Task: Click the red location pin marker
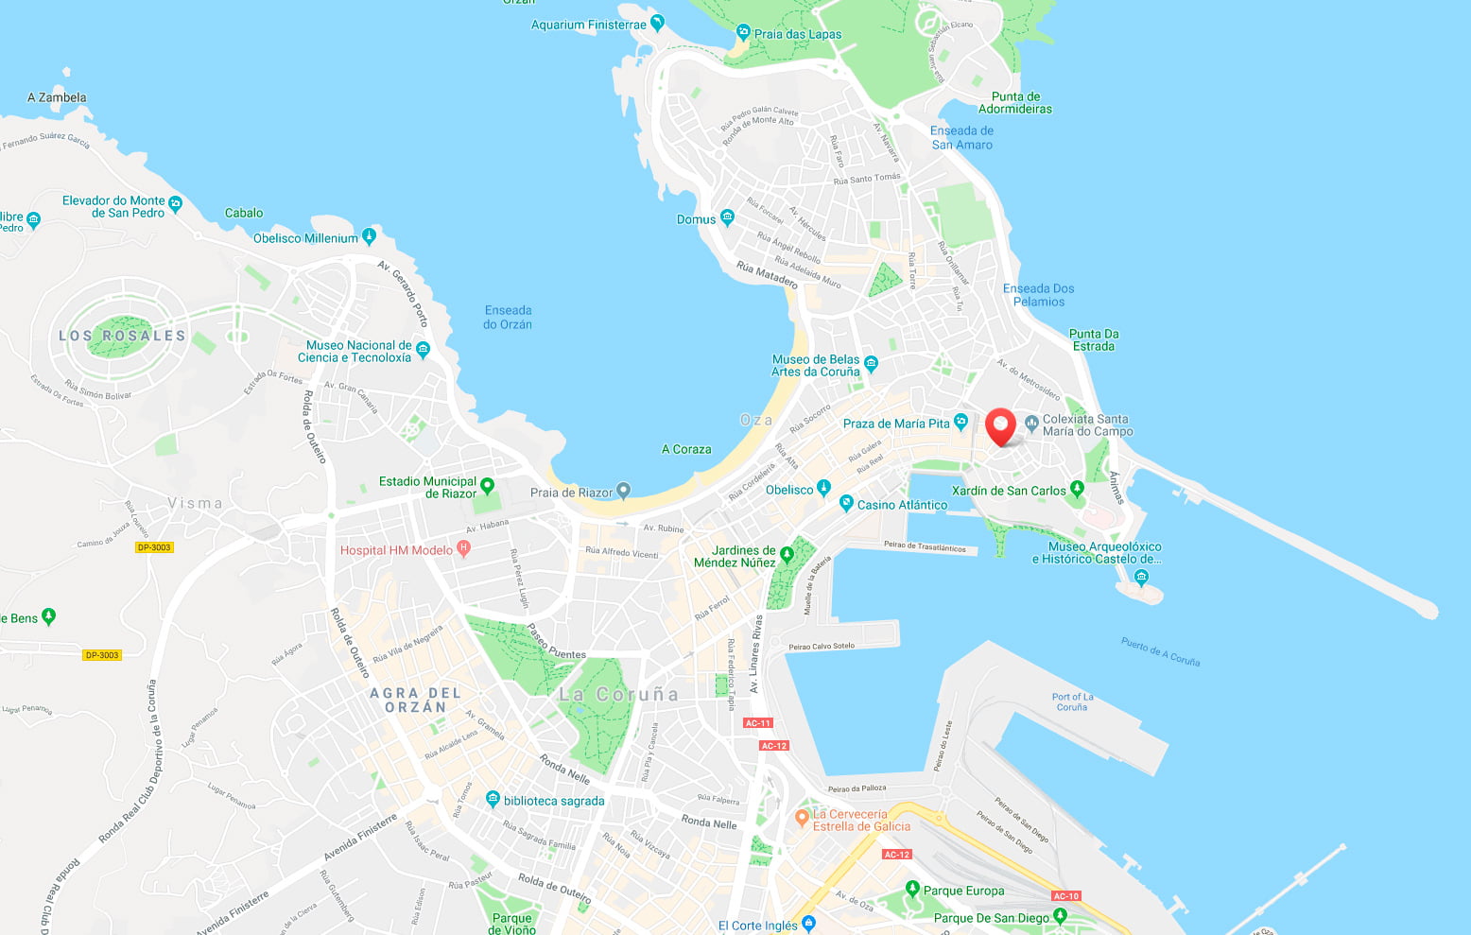point(1000,425)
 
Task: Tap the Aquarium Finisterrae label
point(588,25)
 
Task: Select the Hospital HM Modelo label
point(396,550)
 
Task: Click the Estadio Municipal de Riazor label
point(427,487)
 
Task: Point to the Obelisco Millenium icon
point(369,236)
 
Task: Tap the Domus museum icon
point(727,217)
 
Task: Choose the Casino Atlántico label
point(902,505)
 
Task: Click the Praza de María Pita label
point(895,424)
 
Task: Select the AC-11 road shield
point(757,723)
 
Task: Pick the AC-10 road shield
point(1066,895)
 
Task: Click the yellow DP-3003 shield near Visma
point(154,547)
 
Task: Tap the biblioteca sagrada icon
point(493,799)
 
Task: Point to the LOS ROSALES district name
point(122,336)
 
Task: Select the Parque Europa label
point(963,891)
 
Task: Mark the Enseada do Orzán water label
point(508,317)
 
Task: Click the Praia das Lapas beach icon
point(743,32)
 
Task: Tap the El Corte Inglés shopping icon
point(808,923)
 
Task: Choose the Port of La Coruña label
point(1072,701)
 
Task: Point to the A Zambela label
point(57,97)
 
